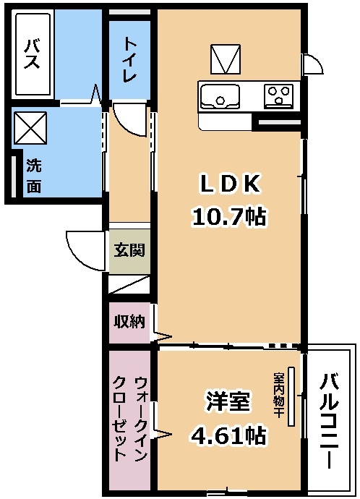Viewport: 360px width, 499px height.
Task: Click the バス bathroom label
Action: coord(33,54)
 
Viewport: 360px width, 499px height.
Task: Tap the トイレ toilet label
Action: coord(129,60)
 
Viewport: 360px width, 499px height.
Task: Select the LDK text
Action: coord(230,184)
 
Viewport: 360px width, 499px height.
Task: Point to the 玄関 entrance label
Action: coord(129,250)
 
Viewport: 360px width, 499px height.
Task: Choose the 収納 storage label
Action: coord(129,322)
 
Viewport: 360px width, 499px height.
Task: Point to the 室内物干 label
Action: coord(278,395)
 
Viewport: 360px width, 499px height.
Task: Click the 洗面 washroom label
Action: coord(34,176)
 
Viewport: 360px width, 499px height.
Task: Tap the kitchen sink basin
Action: coord(220,96)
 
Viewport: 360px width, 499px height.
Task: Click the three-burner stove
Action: coord(278,95)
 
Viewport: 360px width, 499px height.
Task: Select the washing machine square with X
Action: coord(30,128)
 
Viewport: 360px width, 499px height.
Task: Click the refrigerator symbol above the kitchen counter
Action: coord(226,59)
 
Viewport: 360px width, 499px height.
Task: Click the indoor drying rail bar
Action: coord(291,396)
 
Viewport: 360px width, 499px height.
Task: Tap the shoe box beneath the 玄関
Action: coord(129,284)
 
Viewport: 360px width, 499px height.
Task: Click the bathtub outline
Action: coord(33,54)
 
